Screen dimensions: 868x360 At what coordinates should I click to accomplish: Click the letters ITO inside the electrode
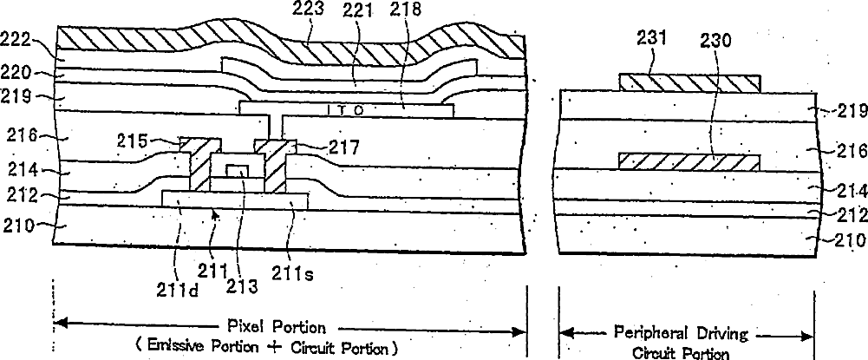346,110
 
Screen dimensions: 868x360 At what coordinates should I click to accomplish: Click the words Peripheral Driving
685,332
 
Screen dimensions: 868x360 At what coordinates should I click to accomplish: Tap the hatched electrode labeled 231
690,83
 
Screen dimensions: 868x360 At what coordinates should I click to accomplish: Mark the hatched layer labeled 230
690,161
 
